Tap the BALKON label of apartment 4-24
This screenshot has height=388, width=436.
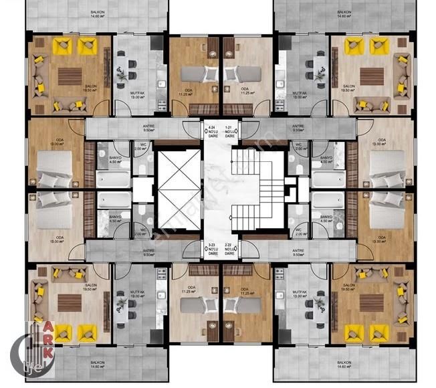[97, 13]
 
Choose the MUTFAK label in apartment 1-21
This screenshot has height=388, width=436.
[298, 92]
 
